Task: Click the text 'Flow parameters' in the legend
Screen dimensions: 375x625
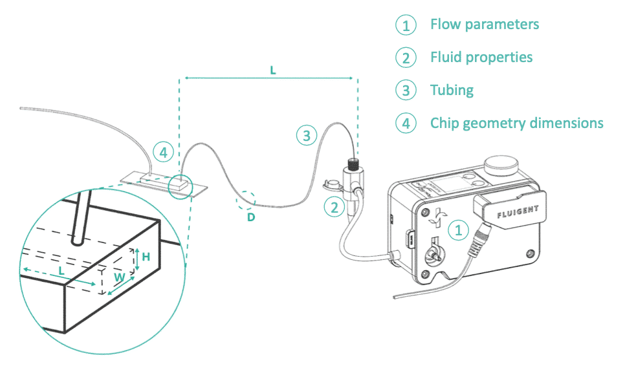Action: coord(484,25)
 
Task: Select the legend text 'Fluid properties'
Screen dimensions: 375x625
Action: coord(481,57)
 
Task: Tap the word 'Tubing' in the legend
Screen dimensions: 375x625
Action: coord(452,90)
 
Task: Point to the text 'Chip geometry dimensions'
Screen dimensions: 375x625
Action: coord(516,123)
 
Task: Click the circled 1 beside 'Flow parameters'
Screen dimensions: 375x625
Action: coord(406,25)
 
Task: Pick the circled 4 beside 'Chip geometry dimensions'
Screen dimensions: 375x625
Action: coord(406,123)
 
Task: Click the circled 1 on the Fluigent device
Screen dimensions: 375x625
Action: coord(458,229)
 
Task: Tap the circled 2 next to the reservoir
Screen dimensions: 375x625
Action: coord(334,208)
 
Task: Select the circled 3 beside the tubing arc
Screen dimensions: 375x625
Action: coord(307,135)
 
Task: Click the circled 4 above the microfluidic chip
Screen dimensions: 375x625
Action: coord(164,153)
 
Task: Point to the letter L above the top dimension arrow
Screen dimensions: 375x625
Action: coord(272,70)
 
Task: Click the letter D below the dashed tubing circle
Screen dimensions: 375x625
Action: coord(251,217)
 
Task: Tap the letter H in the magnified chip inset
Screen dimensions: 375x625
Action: coord(146,257)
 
